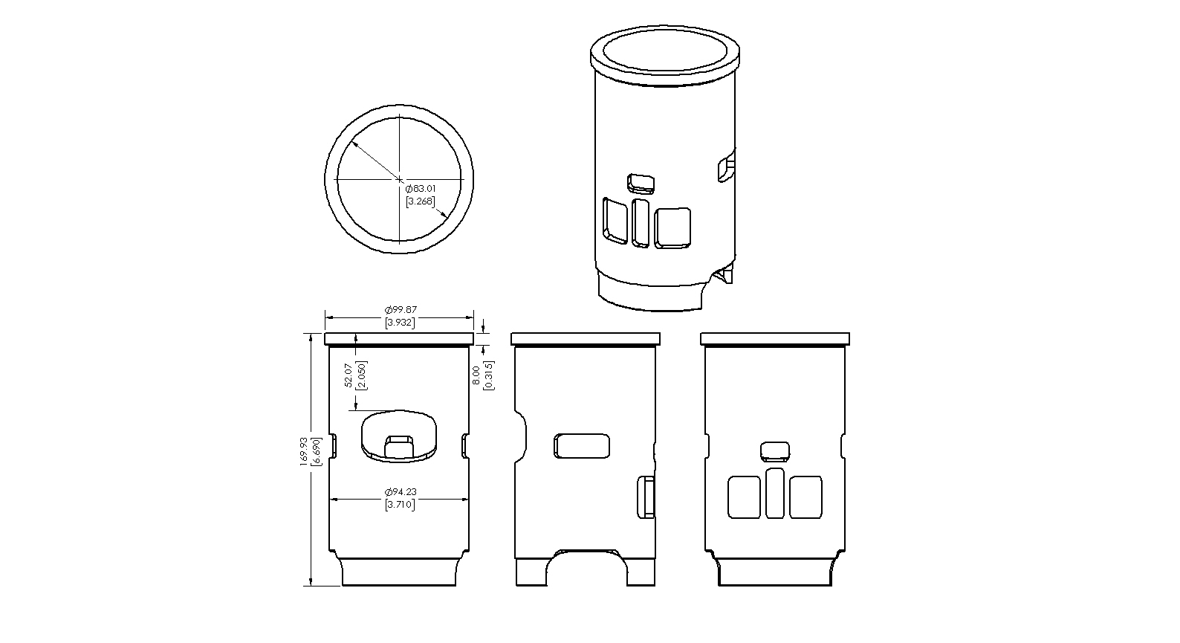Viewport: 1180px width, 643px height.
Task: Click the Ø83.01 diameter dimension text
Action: pyautogui.click(x=421, y=189)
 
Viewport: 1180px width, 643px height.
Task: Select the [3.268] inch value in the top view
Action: pyautogui.click(x=421, y=201)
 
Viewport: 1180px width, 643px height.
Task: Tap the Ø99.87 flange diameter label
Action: pyautogui.click(x=401, y=310)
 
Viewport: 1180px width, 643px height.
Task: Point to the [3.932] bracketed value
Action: pyautogui.click(x=401, y=323)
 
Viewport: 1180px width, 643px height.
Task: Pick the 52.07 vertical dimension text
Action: pyautogui.click(x=349, y=375)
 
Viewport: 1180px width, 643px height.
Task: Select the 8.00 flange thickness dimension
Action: pyautogui.click(x=477, y=376)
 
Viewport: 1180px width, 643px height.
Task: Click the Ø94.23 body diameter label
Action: pyautogui.click(x=401, y=492)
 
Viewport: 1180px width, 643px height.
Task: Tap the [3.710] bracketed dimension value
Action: pyautogui.click(x=401, y=505)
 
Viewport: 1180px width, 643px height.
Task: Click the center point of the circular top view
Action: pyautogui.click(x=399, y=179)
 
